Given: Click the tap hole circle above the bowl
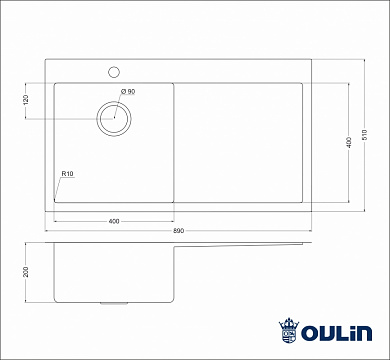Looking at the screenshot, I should [x=114, y=71].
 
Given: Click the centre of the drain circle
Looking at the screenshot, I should [x=114, y=118].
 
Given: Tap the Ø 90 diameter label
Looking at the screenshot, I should [x=127, y=92].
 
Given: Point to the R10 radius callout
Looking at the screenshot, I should [x=66, y=174].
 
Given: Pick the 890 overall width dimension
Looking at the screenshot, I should [x=178, y=230].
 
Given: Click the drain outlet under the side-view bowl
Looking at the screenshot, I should [x=115, y=302].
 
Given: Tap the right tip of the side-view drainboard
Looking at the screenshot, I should [x=305, y=243].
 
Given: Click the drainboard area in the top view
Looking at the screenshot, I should [x=240, y=140].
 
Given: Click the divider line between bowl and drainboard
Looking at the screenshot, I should [x=176, y=140].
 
